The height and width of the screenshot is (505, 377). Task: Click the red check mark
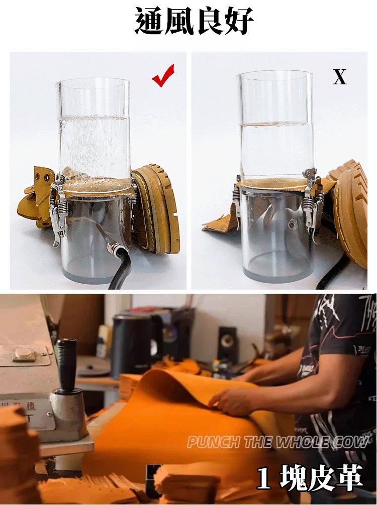pos(163,76)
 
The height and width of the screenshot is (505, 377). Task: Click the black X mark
pos(340,77)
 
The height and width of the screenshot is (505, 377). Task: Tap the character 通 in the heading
pos(149,21)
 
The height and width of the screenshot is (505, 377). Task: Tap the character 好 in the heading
pos(238,21)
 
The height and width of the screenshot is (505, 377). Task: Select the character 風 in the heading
pos(178,21)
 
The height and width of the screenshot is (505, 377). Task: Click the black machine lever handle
pos(67,364)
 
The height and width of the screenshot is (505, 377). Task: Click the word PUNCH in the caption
pos(214,442)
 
